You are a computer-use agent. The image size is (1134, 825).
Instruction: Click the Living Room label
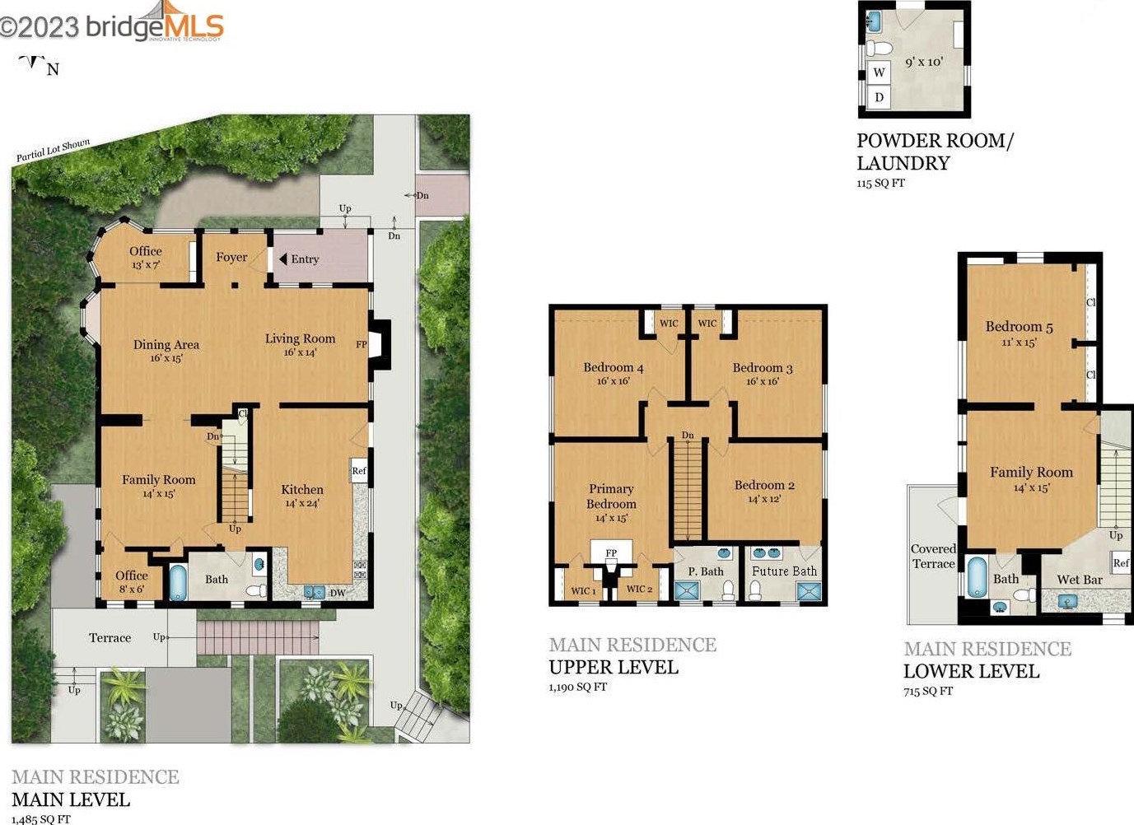(x=301, y=338)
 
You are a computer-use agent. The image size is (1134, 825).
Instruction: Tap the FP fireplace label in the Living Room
(x=361, y=344)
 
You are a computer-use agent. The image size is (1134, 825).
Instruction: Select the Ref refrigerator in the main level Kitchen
(x=359, y=471)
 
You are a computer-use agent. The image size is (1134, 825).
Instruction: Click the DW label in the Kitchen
(x=337, y=593)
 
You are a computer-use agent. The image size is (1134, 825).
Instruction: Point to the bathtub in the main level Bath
(x=177, y=583)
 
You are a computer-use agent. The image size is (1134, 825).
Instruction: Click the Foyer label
(x=231, y=257)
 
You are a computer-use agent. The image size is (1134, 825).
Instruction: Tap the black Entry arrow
(x=283, y=259)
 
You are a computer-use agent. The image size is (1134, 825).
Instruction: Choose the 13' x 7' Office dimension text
(x=146, y=265)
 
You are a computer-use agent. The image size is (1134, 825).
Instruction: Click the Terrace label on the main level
(x=110, y=638)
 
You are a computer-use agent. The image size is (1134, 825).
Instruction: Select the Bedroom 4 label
(x=613, y=367)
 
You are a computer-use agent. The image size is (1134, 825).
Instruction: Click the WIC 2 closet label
(x=639, y=589)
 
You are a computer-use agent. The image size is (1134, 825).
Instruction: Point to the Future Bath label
(x=784, y=571)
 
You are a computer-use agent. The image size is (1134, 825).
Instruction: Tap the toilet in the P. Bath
(x=728, y=590)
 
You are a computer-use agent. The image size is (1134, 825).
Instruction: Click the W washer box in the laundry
(x=879, y=72)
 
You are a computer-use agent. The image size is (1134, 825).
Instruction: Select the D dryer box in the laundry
(x=879, y=96)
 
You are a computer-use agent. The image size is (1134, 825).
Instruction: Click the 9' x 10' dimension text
(x=924, y=62)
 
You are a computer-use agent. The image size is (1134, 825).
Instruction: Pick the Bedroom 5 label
(x=1019, y=326)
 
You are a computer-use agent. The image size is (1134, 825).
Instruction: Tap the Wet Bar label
(x=1080, y=580)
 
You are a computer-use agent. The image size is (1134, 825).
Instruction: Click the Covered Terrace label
(x=933, y=557)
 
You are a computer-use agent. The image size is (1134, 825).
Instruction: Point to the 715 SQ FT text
(x=928, y=691)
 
